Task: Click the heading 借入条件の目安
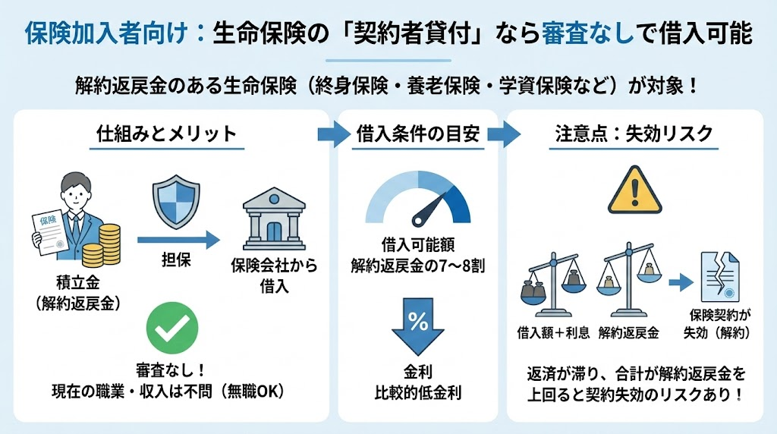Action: pos(418,134)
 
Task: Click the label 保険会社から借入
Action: pos(274,277)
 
